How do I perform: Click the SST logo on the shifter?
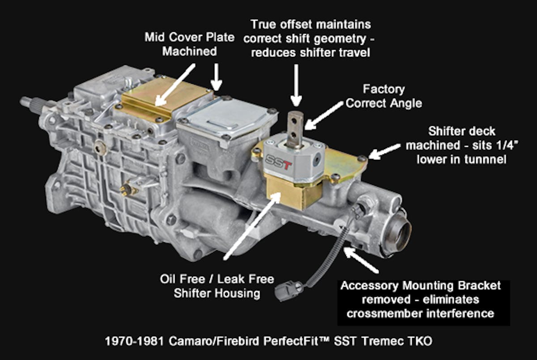click(x=278, y=163)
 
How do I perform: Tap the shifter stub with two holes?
click(x=295, y=129)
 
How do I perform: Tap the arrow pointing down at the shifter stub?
click(x=296, y=85)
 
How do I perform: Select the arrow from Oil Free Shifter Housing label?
click(x=251, y=226)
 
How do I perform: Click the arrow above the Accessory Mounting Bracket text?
click(x=361, y=260)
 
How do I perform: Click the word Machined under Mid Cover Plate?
click(x=189, y=51)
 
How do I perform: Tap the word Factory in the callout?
click(x=384, y=90)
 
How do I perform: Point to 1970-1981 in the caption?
click(x=135, y=341)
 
